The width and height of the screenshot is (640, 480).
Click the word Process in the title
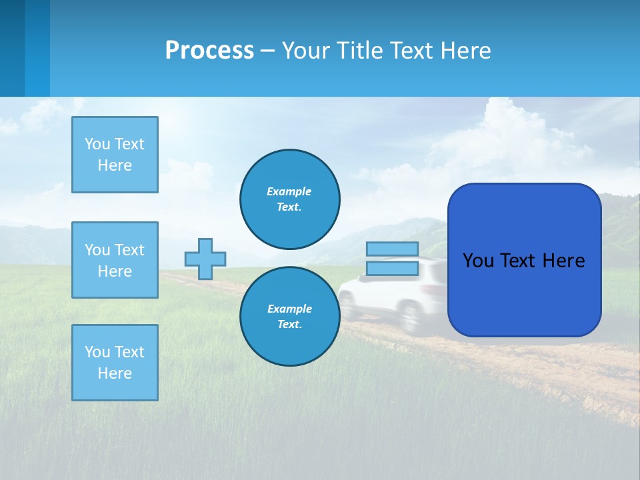pos(209,50)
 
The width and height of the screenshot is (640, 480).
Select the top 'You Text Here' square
pos(115,155)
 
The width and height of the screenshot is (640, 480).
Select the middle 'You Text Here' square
pos(115,260)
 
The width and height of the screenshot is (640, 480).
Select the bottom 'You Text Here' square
pos(115,363)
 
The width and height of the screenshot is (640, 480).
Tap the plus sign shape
pos(205,259)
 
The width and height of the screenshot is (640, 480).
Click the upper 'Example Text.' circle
pos(290,199)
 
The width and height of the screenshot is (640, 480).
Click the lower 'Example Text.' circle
pos(290,317)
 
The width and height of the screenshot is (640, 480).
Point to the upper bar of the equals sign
pos(392,249)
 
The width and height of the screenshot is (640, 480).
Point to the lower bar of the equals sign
pos(392,269)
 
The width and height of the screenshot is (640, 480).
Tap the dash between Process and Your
pos(268,51)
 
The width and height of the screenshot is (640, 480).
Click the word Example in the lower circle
pos(289,309)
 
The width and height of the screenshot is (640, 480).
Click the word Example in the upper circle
pos(289,191)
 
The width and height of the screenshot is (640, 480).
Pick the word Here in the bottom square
pos(115,373)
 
